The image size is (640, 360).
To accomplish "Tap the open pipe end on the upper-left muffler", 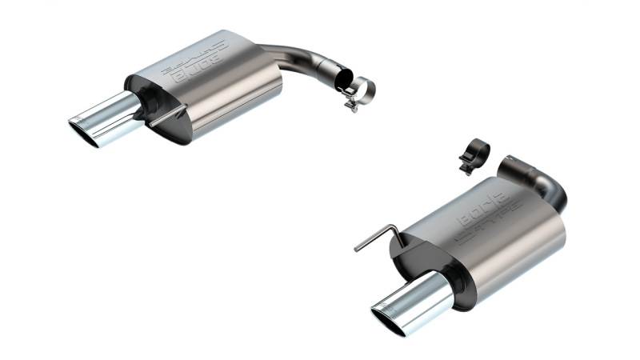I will tap(342, 80).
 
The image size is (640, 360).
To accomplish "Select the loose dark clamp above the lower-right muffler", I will tap(474, 154).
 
